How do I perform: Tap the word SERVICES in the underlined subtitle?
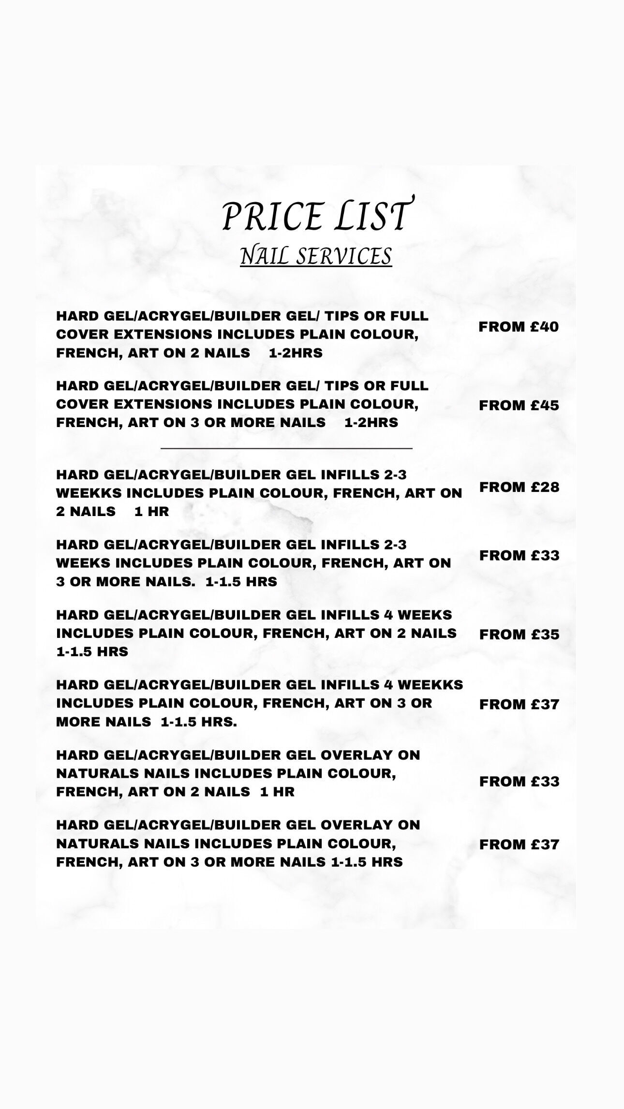tap(343, 256)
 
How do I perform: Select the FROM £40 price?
tap(519, 327)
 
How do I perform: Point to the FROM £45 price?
tap(519, 406)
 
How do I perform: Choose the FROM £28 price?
tap(519, 487)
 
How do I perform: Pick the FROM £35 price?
tap(519, 635)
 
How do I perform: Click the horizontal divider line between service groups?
tap(286, 448)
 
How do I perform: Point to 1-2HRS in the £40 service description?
tap(296, 353)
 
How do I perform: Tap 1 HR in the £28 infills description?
tap(152, 512)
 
